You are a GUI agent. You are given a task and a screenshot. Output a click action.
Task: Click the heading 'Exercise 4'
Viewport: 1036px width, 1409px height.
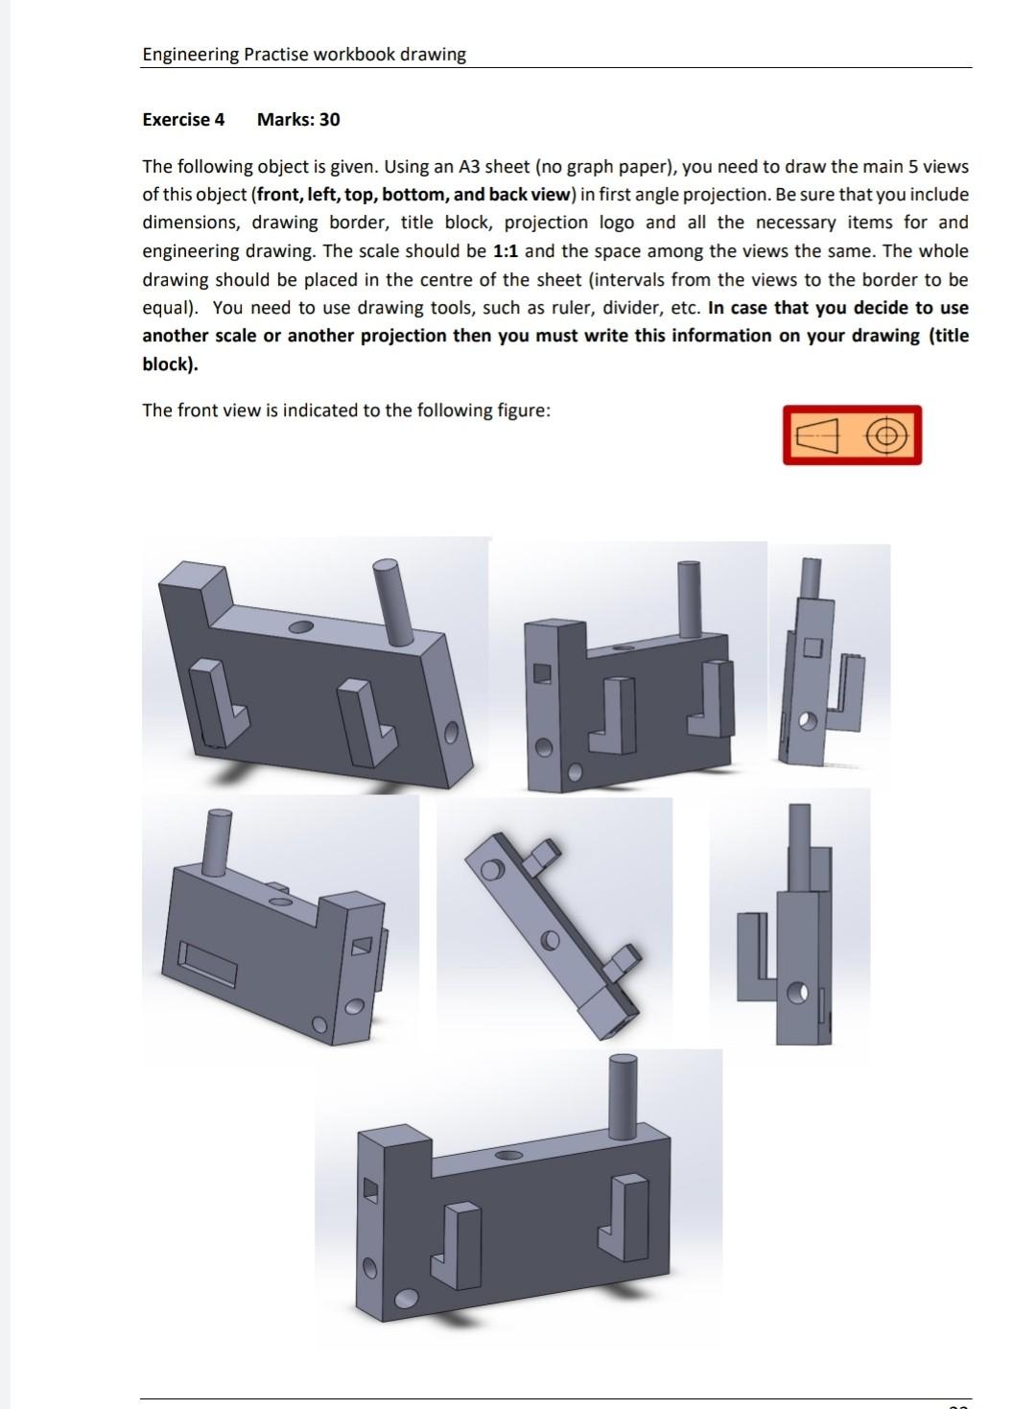coord(182,120)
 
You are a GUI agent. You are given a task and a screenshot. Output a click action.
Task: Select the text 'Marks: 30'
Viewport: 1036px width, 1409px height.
coord(298,120)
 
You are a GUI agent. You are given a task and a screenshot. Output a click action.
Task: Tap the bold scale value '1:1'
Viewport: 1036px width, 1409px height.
coord(506,251)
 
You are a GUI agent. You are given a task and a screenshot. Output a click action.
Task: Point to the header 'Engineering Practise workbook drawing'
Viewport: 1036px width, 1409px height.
coord(304,55)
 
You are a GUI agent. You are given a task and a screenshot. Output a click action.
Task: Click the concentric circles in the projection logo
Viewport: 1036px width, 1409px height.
coord(886,436)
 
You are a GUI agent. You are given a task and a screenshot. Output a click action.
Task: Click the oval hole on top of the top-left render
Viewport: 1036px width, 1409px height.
coord(300,626)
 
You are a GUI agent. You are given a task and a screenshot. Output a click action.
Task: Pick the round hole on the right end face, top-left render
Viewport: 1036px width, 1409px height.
coord(454,734)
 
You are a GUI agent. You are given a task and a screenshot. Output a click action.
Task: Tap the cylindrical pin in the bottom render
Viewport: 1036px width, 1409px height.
coord(624,1093)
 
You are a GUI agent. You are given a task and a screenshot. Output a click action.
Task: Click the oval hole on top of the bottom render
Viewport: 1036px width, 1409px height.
coord(508,1155)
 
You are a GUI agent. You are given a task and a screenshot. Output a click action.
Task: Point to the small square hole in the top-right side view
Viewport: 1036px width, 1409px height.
coord(812,647)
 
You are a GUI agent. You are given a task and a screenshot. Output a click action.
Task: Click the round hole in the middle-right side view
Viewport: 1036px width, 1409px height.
coord(796,993)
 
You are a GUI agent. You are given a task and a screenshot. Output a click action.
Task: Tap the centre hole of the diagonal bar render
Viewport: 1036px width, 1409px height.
coord(551,941)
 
